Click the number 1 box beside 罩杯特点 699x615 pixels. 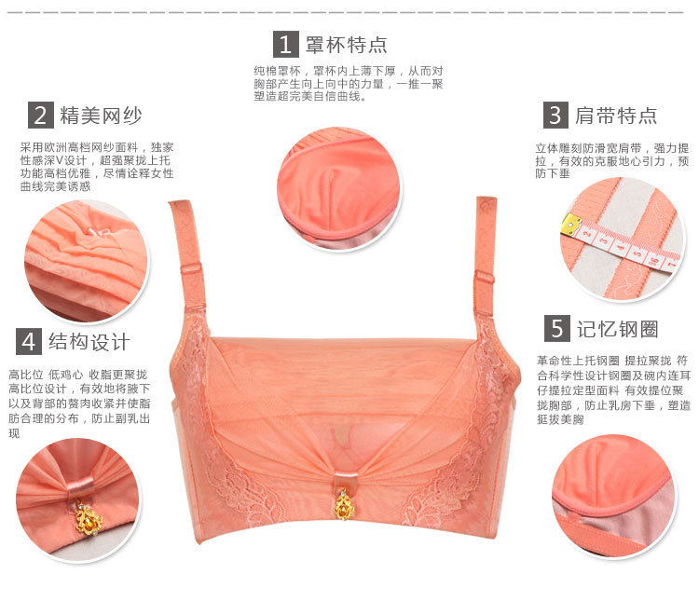(x=286, y=44)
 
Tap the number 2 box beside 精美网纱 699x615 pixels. (x=41, y=115)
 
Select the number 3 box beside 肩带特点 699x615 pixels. (x=555, y=115)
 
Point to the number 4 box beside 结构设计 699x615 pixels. (x=29, y=341)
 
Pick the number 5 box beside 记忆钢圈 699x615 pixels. (x=557, y=328)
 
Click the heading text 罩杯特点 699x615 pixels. (x=347, y=45)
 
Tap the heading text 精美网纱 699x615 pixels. (x=102, y=116)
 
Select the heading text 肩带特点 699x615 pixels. (x=616, y=116)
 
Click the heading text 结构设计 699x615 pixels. (x=89, y=342)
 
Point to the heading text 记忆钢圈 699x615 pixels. (x=618, y=329)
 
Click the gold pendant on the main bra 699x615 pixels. (x=343, y=505)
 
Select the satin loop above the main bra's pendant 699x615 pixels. (x=346, y=479)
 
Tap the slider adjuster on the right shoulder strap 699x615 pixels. (x=484, y=279)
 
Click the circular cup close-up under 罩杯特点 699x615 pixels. (x=339, y=189)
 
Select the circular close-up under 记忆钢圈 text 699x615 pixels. (x=614, y=496)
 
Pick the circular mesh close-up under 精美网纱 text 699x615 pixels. (x=87, y=262)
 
